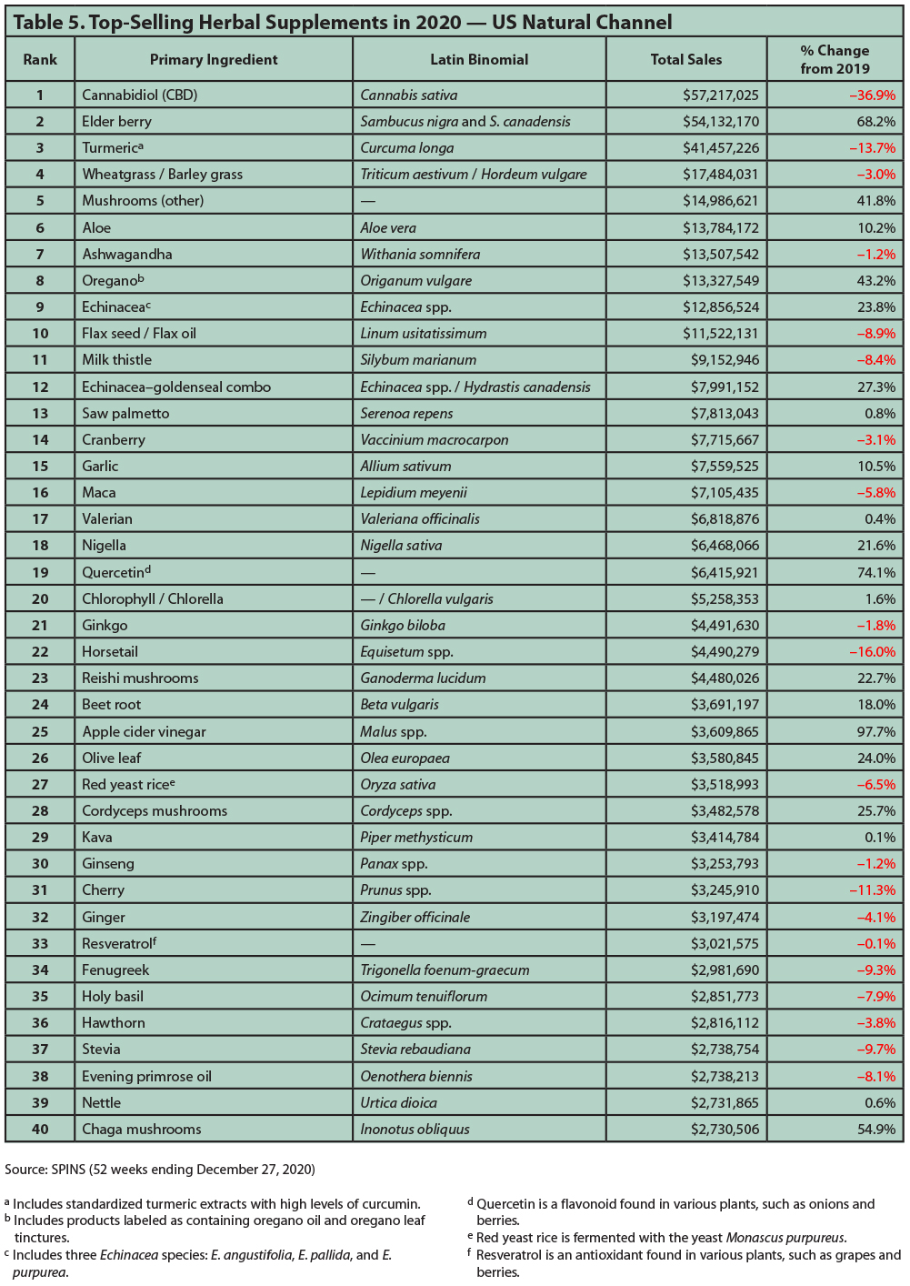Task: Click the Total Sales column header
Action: [686, 60]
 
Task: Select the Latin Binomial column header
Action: [479, 60]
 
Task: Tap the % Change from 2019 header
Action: [835, 60]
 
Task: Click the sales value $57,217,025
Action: [720, 95]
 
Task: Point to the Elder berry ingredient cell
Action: [117, 122]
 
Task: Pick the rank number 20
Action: [40, 598]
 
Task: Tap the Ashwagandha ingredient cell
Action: [127, 255]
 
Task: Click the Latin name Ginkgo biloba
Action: [402, 626]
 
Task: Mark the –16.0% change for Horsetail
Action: [872, 652]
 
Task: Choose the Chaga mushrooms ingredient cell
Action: [142, 1130]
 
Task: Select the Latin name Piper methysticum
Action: [416, 838]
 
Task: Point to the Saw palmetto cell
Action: [125, 414]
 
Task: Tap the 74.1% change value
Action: [876, 573]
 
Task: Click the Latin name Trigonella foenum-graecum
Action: [445, 970]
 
